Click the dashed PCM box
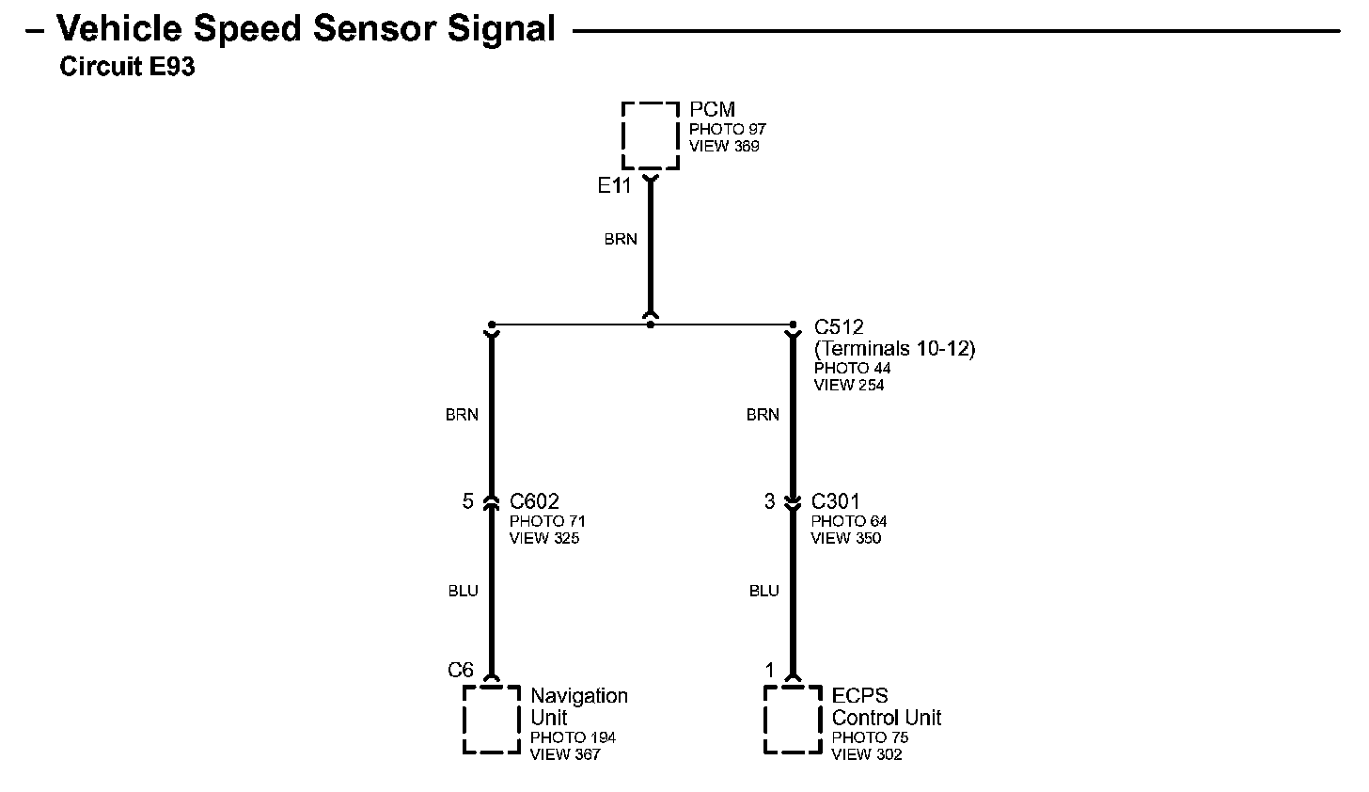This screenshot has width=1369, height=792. [650, 136]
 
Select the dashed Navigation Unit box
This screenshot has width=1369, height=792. [491, 720]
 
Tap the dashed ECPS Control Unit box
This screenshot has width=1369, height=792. [793, 720]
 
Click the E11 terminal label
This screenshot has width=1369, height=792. [614, 185]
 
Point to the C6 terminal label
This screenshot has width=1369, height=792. [461, 670]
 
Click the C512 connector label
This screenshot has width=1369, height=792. [839, 327]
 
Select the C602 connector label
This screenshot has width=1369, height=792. [534, 501]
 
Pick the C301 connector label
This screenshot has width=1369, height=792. [835, 501]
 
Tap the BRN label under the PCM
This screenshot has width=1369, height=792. [621, 239]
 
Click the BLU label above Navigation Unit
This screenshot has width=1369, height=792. [463, 591]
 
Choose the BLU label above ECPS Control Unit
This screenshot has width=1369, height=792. [764, 591]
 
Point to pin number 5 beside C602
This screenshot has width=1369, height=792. [467, 501]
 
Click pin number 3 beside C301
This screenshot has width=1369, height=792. [769, 501]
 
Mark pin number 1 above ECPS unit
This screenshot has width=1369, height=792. [770, 670]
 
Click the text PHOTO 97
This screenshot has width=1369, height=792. [728, 129]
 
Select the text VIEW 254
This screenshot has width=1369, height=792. [849, 385]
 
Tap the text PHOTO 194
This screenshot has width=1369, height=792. [573, 737]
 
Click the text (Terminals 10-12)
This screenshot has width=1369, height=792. [894, 349]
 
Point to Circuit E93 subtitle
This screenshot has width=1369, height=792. [127, 67]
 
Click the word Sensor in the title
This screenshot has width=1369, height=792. [374, 29]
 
